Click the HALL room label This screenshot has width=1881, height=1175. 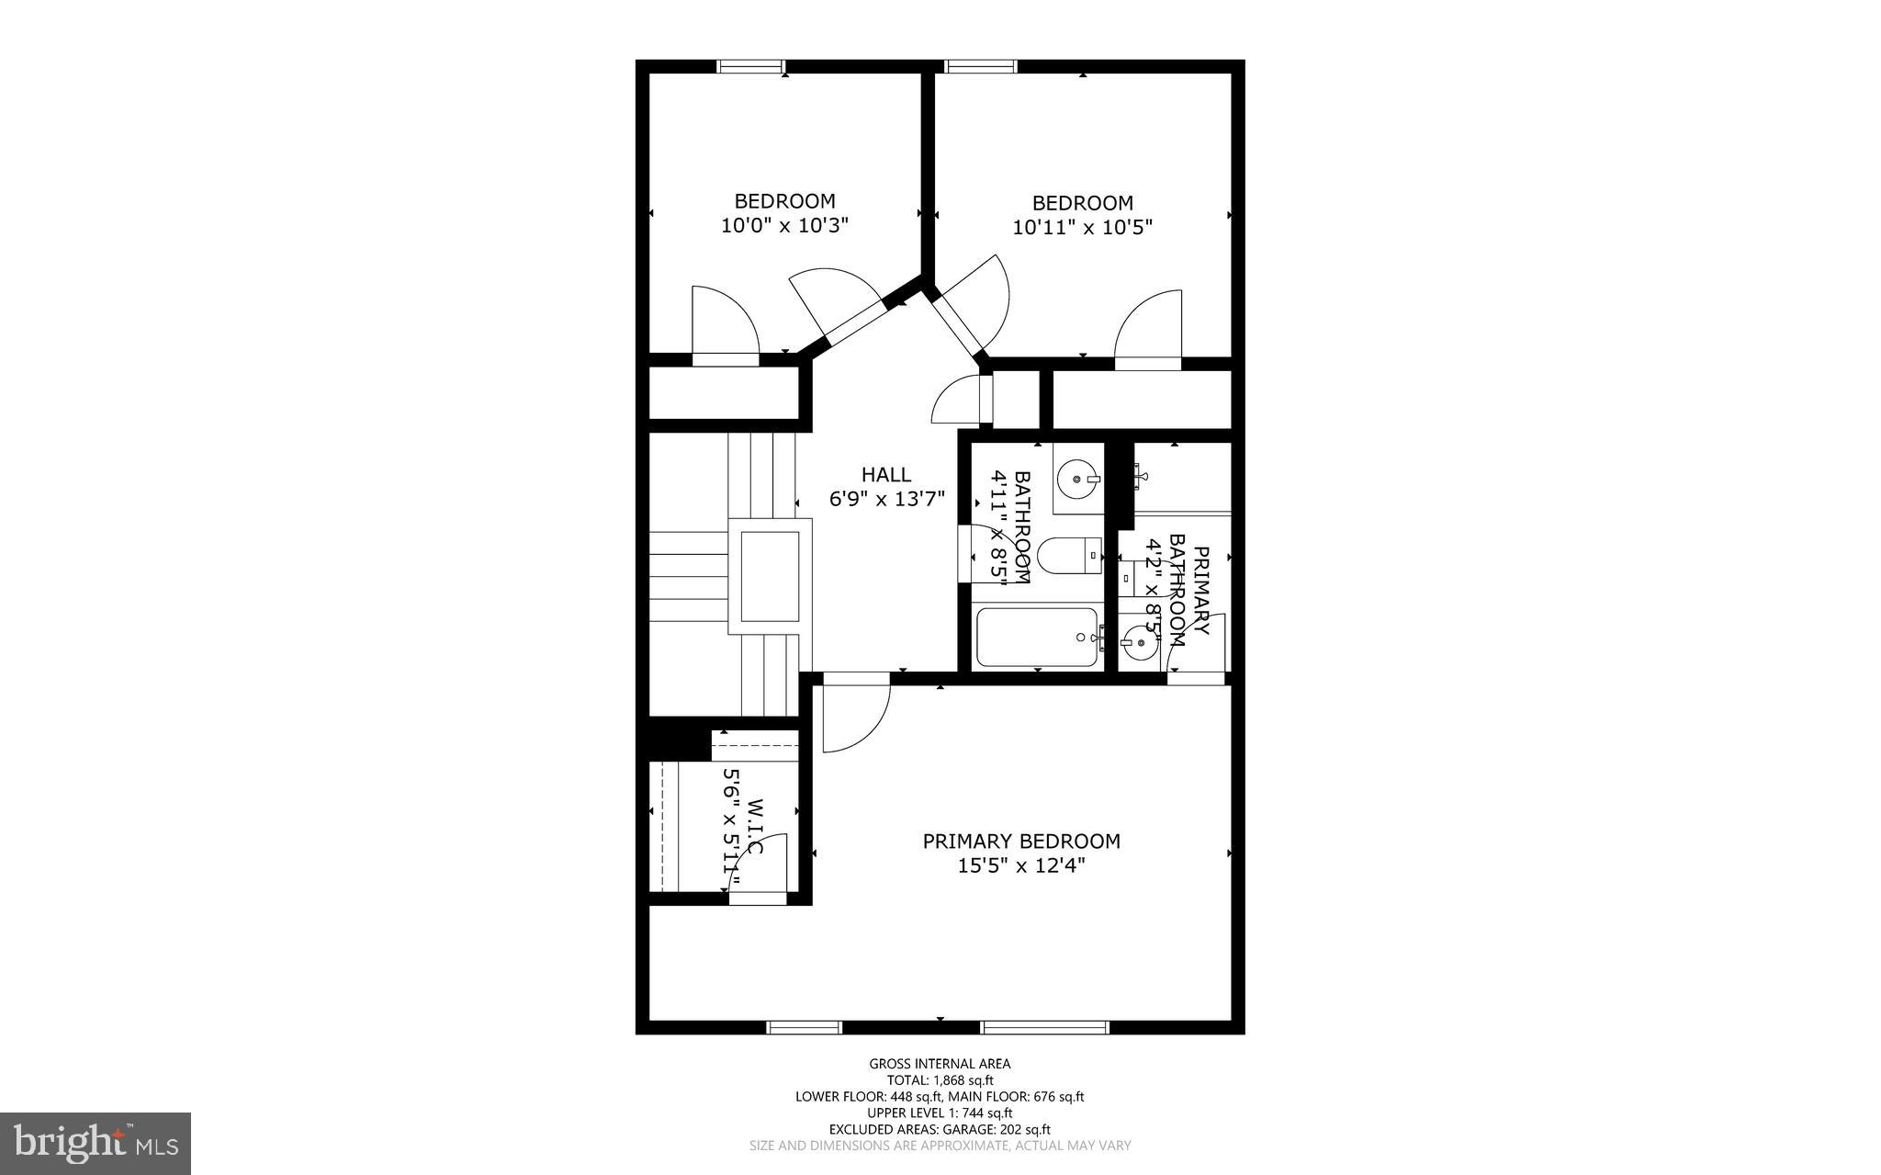[x=885, y=475]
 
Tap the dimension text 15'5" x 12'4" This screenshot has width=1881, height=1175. [x=1020, y=865]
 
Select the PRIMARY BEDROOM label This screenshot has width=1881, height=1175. [x=1020, y=841]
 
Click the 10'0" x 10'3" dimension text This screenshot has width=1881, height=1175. [x=784, y=225]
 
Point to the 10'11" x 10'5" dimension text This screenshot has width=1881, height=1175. [x=1082, y=227]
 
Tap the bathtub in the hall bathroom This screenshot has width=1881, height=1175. [x=1036, y=637]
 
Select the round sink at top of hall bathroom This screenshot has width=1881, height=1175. [x=1076, y=479]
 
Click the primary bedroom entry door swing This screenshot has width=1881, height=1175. [x=854, y=715]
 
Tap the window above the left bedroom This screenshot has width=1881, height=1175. [x=750, y=66]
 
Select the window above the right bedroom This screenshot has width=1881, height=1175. [x=981, y=66]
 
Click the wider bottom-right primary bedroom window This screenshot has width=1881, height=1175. [x=1044, y=1027]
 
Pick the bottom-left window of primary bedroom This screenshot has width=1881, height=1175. [x=804, y=1027]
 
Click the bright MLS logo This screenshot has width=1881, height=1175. [x=96, y=1143]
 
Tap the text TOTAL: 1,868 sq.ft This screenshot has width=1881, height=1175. [x=940, y=1080]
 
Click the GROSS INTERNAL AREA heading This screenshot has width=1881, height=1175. [x=940, y=1064]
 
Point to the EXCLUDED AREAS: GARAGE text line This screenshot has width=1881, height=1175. [x=940, y=1129]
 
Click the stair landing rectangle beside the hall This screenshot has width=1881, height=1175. [x=770, y=576]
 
